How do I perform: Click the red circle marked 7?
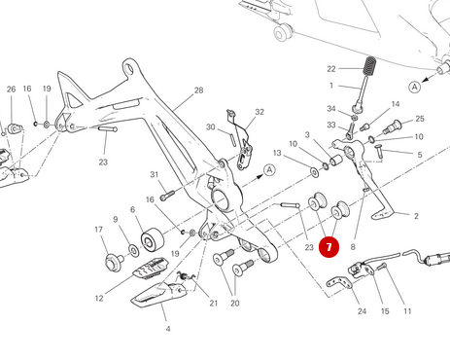coord(329,247)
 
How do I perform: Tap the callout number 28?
coord(198,90)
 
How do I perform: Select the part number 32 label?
coord(260,112)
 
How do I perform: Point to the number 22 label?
coord(331,69)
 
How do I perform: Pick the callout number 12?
coord(99,298)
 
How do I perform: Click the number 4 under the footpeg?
coord(168,329)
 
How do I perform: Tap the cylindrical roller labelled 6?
coord(153,240)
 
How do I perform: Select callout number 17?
coord(99,230)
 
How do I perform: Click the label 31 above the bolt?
coord(155,174)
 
